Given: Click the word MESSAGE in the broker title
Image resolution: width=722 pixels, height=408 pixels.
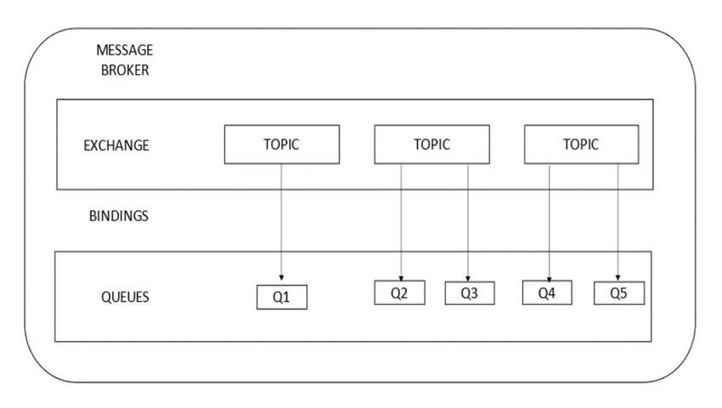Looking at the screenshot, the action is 124,50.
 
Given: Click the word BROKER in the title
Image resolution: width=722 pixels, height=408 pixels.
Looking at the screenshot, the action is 125,70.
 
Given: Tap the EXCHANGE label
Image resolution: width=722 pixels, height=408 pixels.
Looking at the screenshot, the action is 116,145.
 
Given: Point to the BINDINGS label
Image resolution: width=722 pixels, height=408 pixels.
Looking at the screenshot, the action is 118,216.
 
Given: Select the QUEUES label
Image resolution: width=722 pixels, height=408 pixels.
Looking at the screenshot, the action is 125,297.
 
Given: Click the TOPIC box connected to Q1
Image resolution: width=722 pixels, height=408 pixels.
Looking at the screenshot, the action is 282,144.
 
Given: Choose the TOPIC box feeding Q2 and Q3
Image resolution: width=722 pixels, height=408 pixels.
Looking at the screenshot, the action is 432,144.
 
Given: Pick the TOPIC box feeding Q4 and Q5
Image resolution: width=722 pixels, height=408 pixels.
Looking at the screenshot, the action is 582,144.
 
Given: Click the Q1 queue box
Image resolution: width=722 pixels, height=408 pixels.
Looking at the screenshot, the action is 282,297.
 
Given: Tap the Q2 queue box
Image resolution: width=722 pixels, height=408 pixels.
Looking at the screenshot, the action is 400,292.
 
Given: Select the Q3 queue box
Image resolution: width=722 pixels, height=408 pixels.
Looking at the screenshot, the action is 470,293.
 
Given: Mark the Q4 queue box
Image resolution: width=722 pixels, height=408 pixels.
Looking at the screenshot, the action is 547,292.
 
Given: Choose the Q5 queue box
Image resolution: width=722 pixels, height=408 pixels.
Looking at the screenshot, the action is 619,293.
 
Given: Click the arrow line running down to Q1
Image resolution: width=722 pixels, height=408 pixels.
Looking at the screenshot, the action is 281,222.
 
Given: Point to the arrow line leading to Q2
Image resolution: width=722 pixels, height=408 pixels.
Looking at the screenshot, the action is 401,222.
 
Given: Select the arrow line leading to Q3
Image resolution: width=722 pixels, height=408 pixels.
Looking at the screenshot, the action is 468,223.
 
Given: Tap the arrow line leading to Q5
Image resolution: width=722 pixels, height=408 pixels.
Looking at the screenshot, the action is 618,222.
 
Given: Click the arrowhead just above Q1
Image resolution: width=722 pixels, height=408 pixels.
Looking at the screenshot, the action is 281,278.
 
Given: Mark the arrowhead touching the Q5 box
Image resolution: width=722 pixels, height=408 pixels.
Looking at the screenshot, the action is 618,278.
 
